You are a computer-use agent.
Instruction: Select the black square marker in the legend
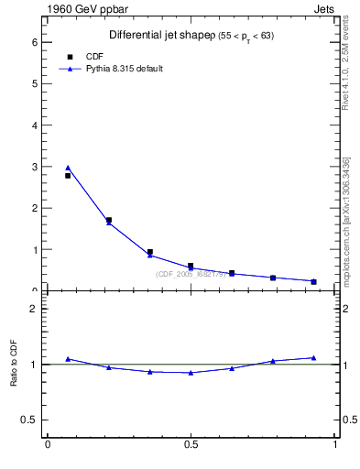point(70,57)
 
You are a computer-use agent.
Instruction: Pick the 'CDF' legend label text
point(93,57)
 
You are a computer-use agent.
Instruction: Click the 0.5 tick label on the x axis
point(191,446)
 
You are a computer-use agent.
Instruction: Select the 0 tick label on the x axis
point(48,446)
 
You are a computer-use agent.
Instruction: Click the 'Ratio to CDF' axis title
point(15,364)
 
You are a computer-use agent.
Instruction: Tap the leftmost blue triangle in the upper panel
point(68,168)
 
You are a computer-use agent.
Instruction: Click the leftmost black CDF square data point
point(68,175)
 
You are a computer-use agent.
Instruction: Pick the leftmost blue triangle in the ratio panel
point(68,359)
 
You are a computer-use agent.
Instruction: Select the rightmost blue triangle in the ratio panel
point(313,358)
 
